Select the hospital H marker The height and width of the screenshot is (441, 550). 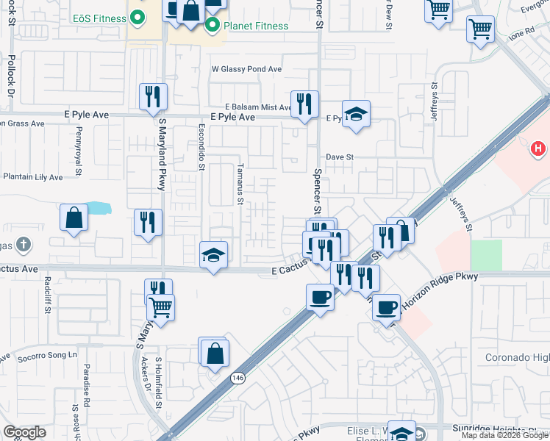coord(538,149)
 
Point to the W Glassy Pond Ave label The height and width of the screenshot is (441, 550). coord(246,69)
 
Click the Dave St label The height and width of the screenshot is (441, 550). coord(340,157)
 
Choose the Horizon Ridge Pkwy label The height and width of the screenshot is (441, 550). coord(438,277)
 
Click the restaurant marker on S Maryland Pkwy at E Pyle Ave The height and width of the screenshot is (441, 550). coord(153,96)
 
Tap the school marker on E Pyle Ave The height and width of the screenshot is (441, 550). coord(356,113)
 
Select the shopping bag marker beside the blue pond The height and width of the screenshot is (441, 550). coord(74,218)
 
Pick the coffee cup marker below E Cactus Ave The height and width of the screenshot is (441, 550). coord(320,297)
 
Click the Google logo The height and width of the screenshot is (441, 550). coord(24,432)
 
